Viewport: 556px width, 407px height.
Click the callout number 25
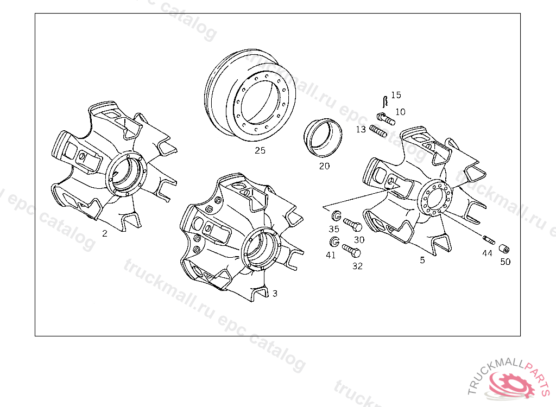(260, 151)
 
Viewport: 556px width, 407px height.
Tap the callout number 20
(324, 166)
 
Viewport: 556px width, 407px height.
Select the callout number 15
(396, 95)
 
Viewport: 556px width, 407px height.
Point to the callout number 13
(361, 129)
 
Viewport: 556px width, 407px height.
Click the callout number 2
(105, 233)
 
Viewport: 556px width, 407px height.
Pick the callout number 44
(487, 253)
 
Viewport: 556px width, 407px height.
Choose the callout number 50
(506, 262)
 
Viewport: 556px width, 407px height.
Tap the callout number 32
(357, 266)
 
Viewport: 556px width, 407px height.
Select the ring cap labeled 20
(323, 137)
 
